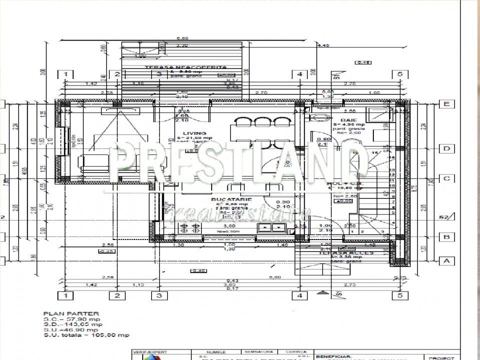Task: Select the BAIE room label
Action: [x=348, y=120]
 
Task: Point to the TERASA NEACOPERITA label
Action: [x=178, y=67]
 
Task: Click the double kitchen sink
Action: [x=271, y=228]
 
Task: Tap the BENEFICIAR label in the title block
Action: [x=330, y=352]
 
